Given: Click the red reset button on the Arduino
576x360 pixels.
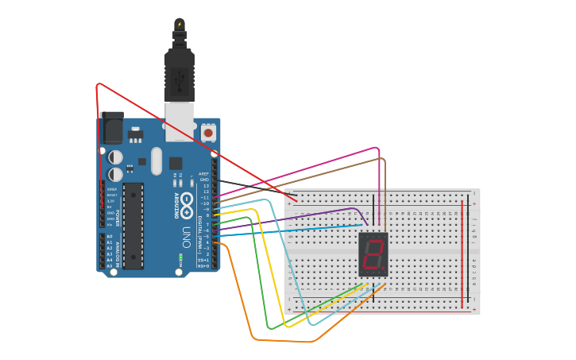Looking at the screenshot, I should pyautogui.click(x=208, y=133).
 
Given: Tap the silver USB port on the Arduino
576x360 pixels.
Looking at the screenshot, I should pyautogui.click(x=180, y=119).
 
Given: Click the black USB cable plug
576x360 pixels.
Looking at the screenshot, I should pyautogui.click(x=180, y=75).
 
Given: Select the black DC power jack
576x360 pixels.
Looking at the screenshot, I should pyautogui.click(x=111, y=128).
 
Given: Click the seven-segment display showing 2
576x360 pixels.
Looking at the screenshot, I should pyautogui.click(x=373, y=254).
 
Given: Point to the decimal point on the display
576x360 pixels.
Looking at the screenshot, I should pyautogui.click(x=383, y=268).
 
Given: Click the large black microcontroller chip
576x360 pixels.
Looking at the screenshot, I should pyautogui.click(x=133, y=226).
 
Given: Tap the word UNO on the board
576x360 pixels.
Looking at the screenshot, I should pyautogui.click(x=186, y=237).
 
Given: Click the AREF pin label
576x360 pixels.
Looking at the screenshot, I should pyautogui.click(x=203, y=173).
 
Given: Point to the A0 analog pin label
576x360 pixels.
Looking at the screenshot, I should pyautogui.click(x=110, y=236).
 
